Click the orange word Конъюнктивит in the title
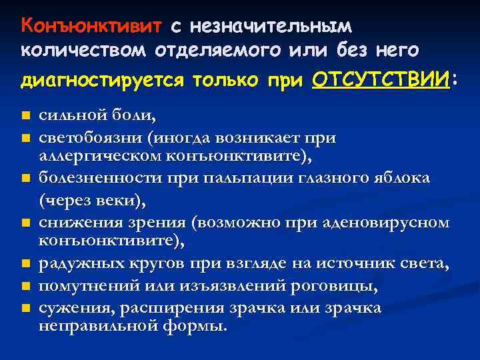click(x=91, y=25)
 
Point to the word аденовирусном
click(x=393, y=222)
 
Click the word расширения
click(x=160, y=308)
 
